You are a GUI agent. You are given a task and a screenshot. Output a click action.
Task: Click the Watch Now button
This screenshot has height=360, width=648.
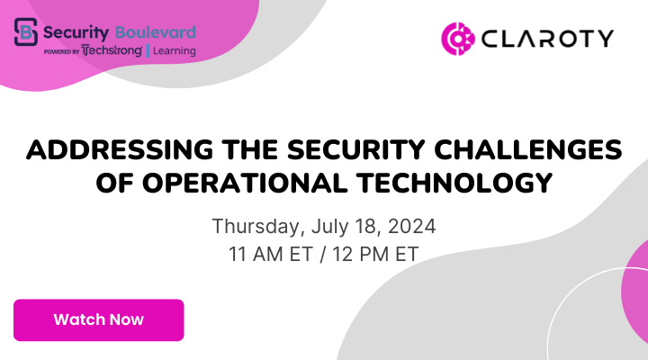click(98, 319)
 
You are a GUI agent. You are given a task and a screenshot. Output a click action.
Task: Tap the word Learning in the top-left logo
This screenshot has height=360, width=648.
click(174, 51)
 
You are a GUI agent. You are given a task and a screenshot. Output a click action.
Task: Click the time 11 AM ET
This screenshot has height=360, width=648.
click(266, 254)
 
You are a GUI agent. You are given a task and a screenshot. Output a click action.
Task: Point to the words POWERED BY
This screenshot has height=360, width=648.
click(61, 52)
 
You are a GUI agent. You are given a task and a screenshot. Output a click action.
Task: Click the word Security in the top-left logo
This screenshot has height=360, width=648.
click(83, 31)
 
